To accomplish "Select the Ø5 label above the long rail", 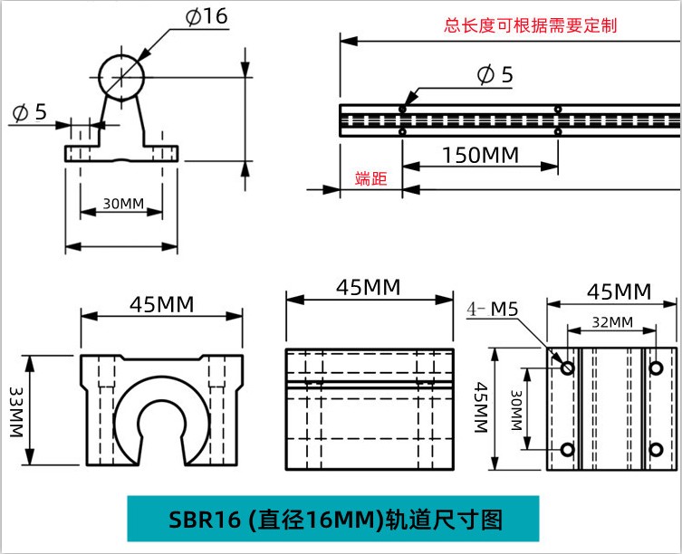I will point(495,74).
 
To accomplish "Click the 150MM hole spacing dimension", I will point(481,155).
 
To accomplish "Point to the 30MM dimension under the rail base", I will point(122,203).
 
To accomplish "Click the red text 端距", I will point(370,178).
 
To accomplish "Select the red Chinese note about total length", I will point(530,25).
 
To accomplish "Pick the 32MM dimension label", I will point(611,321).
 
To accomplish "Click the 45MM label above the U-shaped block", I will point(162,303).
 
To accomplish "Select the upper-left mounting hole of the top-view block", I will point(567,368).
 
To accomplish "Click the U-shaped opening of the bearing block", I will point(162,421).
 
